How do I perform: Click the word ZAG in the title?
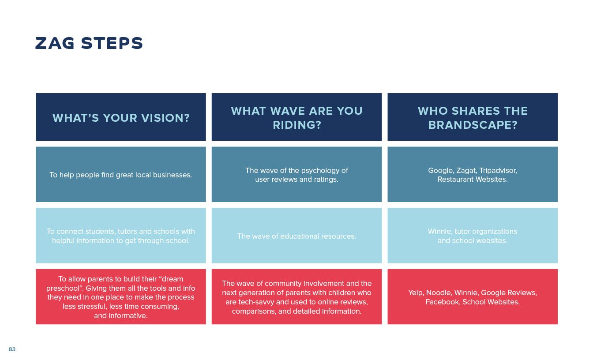click(55, 43)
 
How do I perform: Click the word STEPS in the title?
click(112, 43)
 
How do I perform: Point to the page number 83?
click(12, 349)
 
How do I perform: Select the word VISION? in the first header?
click(165, 118)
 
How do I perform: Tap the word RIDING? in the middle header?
click(297, 125)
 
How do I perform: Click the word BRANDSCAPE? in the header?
click(473, 125)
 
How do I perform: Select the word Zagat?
click(466, 171)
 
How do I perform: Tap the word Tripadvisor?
click(498, 171)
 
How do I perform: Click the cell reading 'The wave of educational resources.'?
click(297, 236)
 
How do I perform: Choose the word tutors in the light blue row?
click(127, 231)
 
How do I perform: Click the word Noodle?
click(439, 293)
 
